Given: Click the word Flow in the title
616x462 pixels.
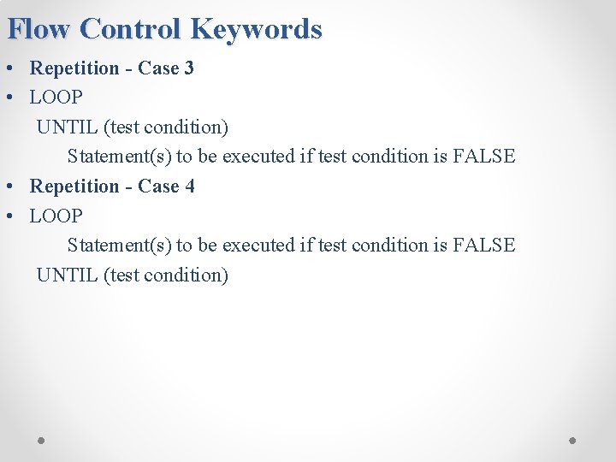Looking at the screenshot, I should pyautogui.click(x=38, y=29).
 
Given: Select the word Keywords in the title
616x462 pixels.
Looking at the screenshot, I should pyautogui.click(x=256, y=29).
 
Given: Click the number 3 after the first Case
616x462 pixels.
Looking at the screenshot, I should pyautogui.click(x=189, y=68).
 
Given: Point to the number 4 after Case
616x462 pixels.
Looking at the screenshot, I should pyautogui.click(x=189, y=186).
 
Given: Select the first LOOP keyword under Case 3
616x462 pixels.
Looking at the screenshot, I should pyautogui.click(x=56, y=98).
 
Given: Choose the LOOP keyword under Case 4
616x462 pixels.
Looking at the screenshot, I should pyautogui.click(x=56, y=216).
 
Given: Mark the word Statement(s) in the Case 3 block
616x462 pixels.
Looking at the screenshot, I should pyautogui.click(x=119, y=157).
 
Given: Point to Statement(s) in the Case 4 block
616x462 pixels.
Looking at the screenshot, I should pyautogui.click(x=119, y=246).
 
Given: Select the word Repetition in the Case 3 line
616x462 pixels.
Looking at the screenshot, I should pyautogui.click(x=75, y=68).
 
